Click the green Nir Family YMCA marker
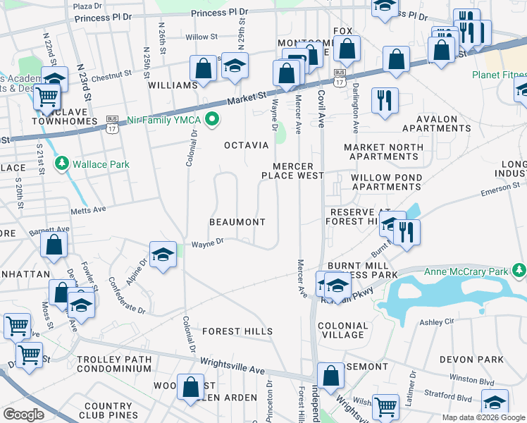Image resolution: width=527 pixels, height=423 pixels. (212, 120)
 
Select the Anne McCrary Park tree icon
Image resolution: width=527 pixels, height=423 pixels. (519, 271)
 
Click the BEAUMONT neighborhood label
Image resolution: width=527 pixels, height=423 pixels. (237, 222)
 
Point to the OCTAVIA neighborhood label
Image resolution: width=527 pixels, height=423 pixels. (247, 145)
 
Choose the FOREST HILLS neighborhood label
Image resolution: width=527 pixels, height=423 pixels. (237, 331)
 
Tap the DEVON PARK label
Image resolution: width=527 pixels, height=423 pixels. (471, 360)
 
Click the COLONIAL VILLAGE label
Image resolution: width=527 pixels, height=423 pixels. (342, 331)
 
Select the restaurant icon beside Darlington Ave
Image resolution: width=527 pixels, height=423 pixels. (385, 99)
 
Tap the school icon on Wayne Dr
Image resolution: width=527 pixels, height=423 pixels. (163, 255)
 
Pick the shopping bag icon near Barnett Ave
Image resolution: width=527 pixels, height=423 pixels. (54, 246)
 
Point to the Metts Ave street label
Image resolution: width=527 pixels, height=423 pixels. (88, 209)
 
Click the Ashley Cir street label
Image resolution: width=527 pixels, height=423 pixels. (438, 321)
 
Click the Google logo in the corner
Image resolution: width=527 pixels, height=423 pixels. (23, 414)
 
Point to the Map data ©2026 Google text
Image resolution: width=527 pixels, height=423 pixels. (484, 417)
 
